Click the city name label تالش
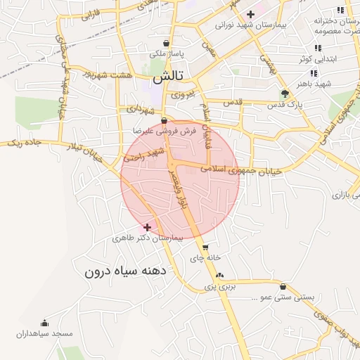click(x=168, y=75)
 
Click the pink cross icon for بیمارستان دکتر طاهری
click(x=147, y=227)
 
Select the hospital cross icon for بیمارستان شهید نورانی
click(x=250, y=14)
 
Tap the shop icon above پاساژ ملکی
click(x=166, y=42)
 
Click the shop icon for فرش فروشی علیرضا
click(x=163, y=120)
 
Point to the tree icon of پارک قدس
click(x=284, y=94)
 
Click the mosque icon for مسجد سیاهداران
click(x=45, y=323)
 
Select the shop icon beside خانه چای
click(x=205, y=247)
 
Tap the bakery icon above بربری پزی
click(x=219, y=275)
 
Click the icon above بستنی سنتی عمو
click(x=283, y=286)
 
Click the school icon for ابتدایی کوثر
click(x=318, y=48)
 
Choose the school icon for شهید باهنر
click(x=314, y=72)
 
